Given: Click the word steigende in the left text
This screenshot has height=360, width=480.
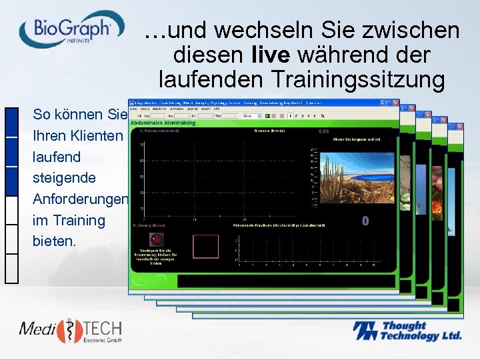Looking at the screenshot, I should (x=64, y=178).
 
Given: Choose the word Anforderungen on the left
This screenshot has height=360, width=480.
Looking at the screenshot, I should (x=81, y=199).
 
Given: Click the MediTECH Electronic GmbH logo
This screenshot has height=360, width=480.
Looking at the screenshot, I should (x=70, y=331).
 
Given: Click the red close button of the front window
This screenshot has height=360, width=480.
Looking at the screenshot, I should (x=396, y=104).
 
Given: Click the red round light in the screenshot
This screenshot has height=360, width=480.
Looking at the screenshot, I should (x=157, y=239).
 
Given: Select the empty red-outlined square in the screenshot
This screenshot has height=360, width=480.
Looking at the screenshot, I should (x=205, y=246).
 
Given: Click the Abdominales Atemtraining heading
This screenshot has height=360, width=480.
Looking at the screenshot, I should (x=163, y=123).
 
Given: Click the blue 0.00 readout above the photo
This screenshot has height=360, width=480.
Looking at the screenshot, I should (x=324, y=132).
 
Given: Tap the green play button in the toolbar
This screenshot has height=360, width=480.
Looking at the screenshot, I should (x=267, y=115).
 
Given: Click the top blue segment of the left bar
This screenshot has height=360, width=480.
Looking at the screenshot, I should (x=11, y=121).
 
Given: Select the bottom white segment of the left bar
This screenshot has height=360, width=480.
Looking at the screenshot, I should (x=11, y=268).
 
